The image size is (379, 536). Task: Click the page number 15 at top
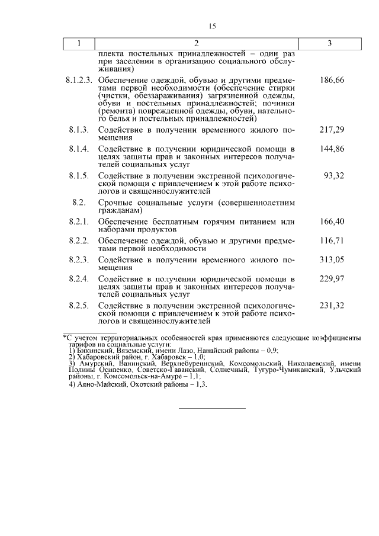coord(213,26)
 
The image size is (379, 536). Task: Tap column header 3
coord(329,44)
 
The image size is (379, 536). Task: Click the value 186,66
coord(332,79)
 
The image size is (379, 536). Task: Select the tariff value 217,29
coord(332,130)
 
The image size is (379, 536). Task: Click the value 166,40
coord(332,222)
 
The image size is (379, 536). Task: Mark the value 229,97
coord(332,278)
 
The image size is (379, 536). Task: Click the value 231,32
coord(332,305)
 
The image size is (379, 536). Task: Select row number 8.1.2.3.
coord(78,79)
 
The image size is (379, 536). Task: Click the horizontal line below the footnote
coord(212,408)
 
